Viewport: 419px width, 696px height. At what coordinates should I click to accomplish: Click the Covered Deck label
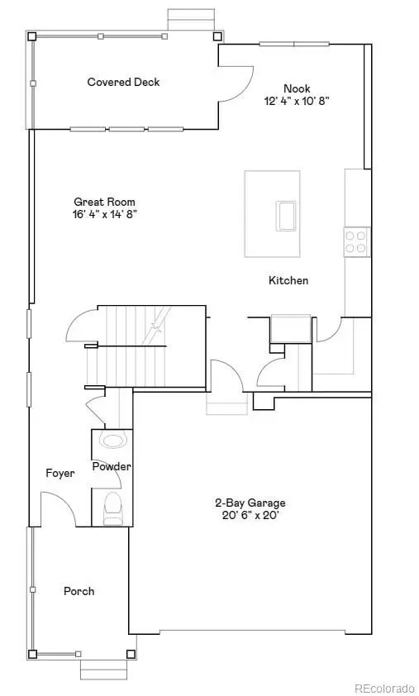123,82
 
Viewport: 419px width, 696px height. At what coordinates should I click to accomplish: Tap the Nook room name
297,88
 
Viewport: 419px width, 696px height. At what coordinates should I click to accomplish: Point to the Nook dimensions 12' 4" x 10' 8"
297,101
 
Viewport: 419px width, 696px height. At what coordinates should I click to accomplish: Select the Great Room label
104,202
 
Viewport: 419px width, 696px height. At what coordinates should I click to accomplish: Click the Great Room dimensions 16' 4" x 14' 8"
104,214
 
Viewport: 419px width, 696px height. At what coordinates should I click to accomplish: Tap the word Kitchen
288,280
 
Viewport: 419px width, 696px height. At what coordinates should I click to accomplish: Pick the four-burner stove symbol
356,241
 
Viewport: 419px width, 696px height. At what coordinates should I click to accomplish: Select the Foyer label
60,474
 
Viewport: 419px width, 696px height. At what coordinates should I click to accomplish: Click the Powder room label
112,467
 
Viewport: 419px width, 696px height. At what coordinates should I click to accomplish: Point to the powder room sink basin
112,439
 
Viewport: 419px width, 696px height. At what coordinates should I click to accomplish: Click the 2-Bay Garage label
250,503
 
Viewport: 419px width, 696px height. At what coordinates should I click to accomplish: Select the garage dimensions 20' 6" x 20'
250,515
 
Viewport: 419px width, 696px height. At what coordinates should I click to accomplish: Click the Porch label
79,591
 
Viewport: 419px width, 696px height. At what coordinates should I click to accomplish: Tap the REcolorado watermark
384,688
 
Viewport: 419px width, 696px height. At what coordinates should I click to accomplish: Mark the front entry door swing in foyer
58,508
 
